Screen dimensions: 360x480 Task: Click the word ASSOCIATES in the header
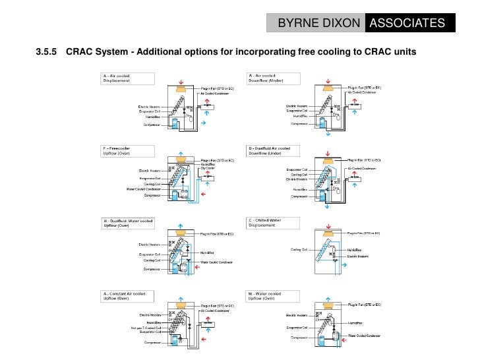click(x=408, y=24)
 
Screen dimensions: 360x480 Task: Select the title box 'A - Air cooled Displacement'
click(x=128, y=78)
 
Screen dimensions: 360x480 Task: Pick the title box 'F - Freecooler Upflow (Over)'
click(x=128, y=152)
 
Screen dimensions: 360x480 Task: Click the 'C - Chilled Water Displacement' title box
click(x=273, y=224)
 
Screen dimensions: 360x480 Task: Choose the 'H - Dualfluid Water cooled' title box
click(x=128, y=224)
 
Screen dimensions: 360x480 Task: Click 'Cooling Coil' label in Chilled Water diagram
click(x=299, y=249)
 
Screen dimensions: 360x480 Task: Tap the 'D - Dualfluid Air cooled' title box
click(x=273, y=152)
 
